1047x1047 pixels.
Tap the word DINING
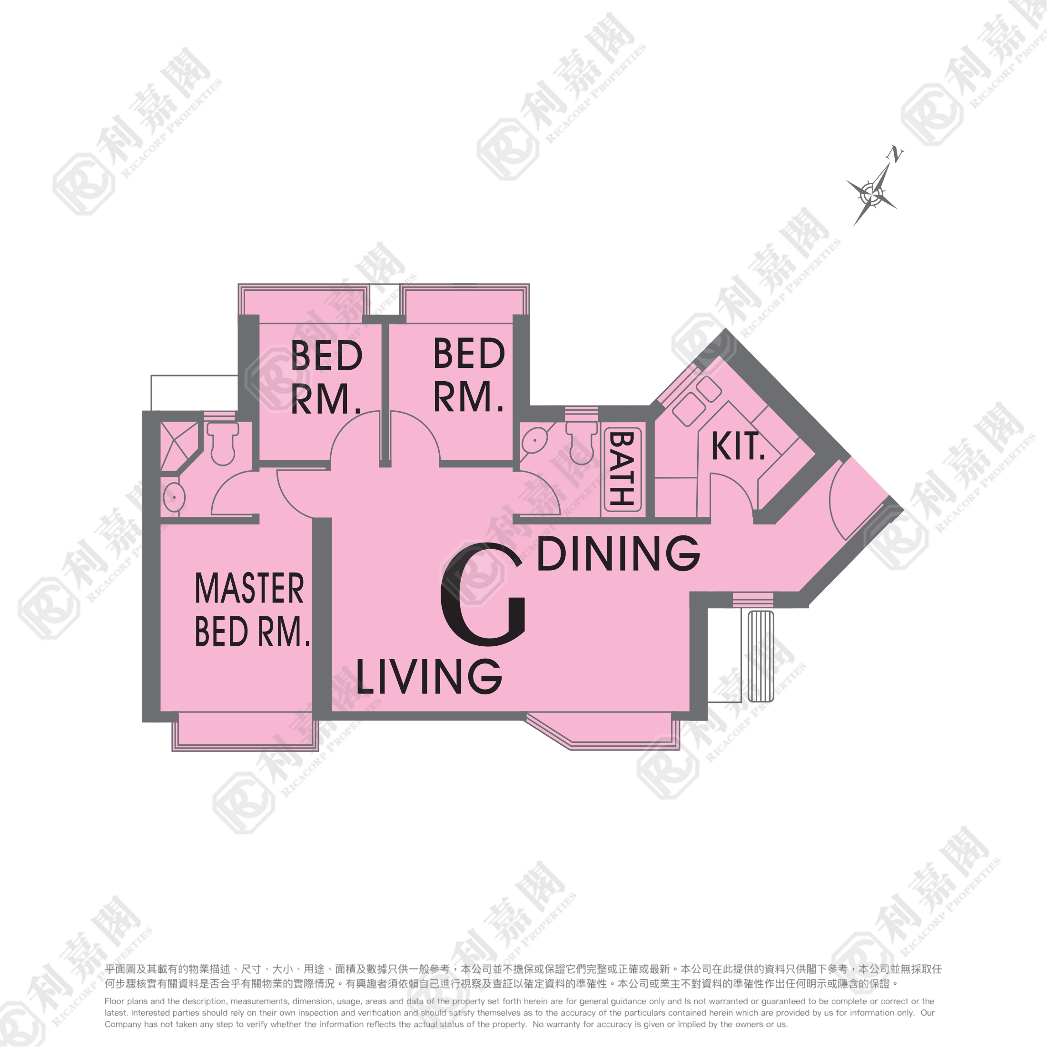[618, 553]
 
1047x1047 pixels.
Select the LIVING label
[429, 677]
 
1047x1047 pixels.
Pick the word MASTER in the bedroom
[249, 589]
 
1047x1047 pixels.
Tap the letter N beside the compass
[897, 154]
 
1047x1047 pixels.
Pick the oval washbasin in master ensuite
[174, 497]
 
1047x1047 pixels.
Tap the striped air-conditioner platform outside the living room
[761, 656]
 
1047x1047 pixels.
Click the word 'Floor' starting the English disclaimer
[114, 1001]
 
